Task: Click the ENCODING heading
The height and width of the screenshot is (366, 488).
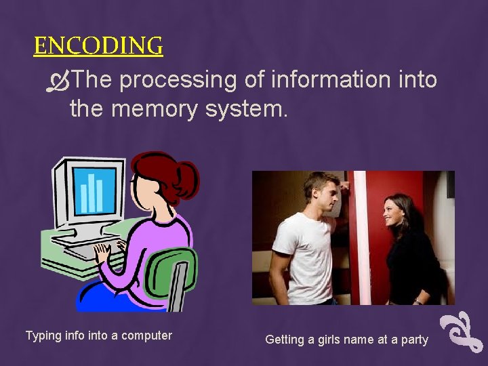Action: click(x=98, y=47)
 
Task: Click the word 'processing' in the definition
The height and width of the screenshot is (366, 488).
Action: click(x=179, y=80)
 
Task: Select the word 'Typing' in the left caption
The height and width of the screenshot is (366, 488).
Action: click(x=42, y=335)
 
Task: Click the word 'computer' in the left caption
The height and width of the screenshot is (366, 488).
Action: click(x=147, y=335)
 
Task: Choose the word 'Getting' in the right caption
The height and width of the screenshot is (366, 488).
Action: click(x=285, y=340)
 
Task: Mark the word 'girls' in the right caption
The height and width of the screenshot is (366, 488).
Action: click(x=334, y=340)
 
